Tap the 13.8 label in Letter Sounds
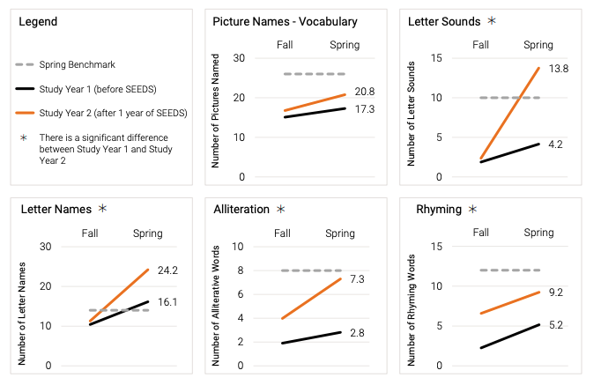(x=560, y=67)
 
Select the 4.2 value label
(x=557, y=144)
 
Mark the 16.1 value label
(x=168, y=301)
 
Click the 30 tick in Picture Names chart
(x=240, y=58)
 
